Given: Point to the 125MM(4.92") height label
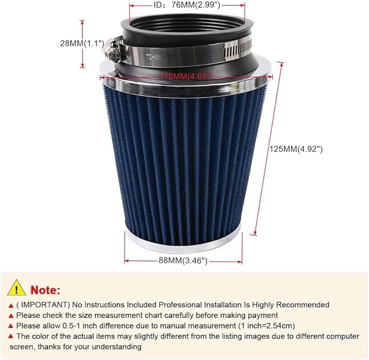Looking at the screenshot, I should tap(296, 148).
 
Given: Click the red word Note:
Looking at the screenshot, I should tap(46, 289).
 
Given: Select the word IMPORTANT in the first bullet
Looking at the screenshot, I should tap(41, 305).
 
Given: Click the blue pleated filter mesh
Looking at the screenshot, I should tap(184, 158).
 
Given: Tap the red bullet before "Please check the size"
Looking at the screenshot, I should tap(11, 315).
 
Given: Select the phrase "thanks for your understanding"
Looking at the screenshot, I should tap(90, 346).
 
